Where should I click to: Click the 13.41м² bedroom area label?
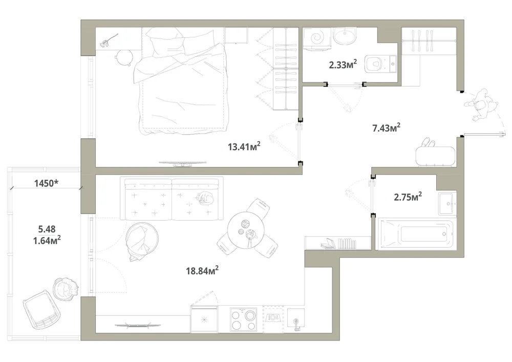click(244, 146)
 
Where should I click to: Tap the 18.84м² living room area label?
click(202, 270)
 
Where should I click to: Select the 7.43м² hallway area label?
click(386, 127)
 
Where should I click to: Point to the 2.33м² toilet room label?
click(343, 65)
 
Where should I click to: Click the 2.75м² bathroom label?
click(408, 197)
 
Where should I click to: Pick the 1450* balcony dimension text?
click(47, 183)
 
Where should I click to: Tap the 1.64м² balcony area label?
click(47, 241)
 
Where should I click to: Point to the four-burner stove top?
click(243, 320)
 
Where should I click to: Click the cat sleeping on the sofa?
click(204, 198)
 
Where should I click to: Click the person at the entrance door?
click(482, 105)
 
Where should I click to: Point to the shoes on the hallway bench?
click(428, 143)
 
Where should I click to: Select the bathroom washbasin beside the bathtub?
click(447, 204)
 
